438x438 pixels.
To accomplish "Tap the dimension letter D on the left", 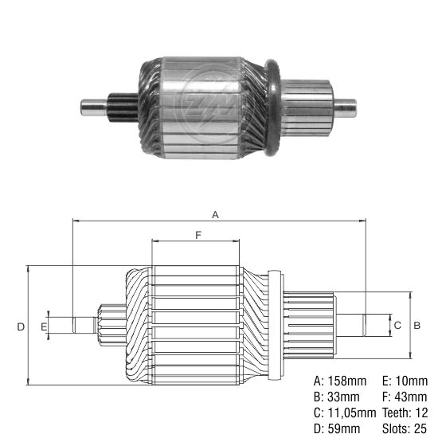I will [21, 327].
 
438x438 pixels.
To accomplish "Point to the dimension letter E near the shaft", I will [45, 326].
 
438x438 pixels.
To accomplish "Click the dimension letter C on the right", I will [397, 326].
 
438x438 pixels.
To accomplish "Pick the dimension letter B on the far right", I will [416, 326].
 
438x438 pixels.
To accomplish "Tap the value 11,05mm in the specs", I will [350, 413].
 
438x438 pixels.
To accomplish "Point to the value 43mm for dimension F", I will [408, 396].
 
